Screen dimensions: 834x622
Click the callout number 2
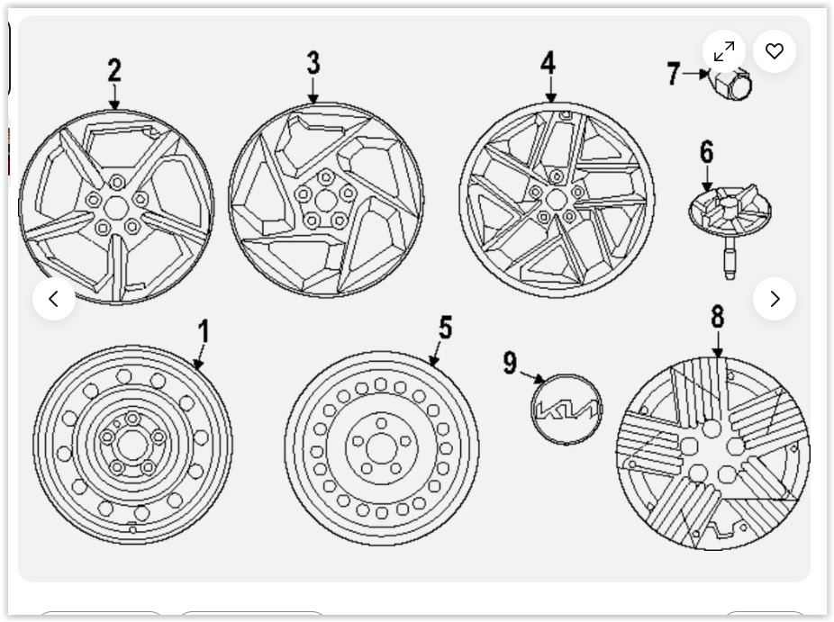(114, 70)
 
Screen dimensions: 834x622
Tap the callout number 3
(313, 63)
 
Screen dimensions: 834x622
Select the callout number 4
(548, 63)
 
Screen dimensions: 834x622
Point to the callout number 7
(674, 74)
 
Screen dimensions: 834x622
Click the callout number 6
(706, 152)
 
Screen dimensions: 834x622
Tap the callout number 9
(510, 363)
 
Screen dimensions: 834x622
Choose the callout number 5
(445, 328)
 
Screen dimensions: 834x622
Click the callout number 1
(204, 331)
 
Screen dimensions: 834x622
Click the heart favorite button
(775, 51)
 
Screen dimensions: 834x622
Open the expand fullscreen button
(724, 51)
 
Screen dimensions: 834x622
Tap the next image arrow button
(775, 299)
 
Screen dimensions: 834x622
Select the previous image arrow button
(54, 299)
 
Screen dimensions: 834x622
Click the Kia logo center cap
(567, 410)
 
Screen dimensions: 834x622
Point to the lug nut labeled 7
(731, 84)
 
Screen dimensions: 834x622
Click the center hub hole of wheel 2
(116, 208)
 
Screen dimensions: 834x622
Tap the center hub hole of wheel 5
(381, 448)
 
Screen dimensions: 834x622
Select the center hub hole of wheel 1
(131, 445)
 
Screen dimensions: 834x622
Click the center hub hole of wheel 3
(325, 201)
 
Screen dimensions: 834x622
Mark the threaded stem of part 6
(730, 259)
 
